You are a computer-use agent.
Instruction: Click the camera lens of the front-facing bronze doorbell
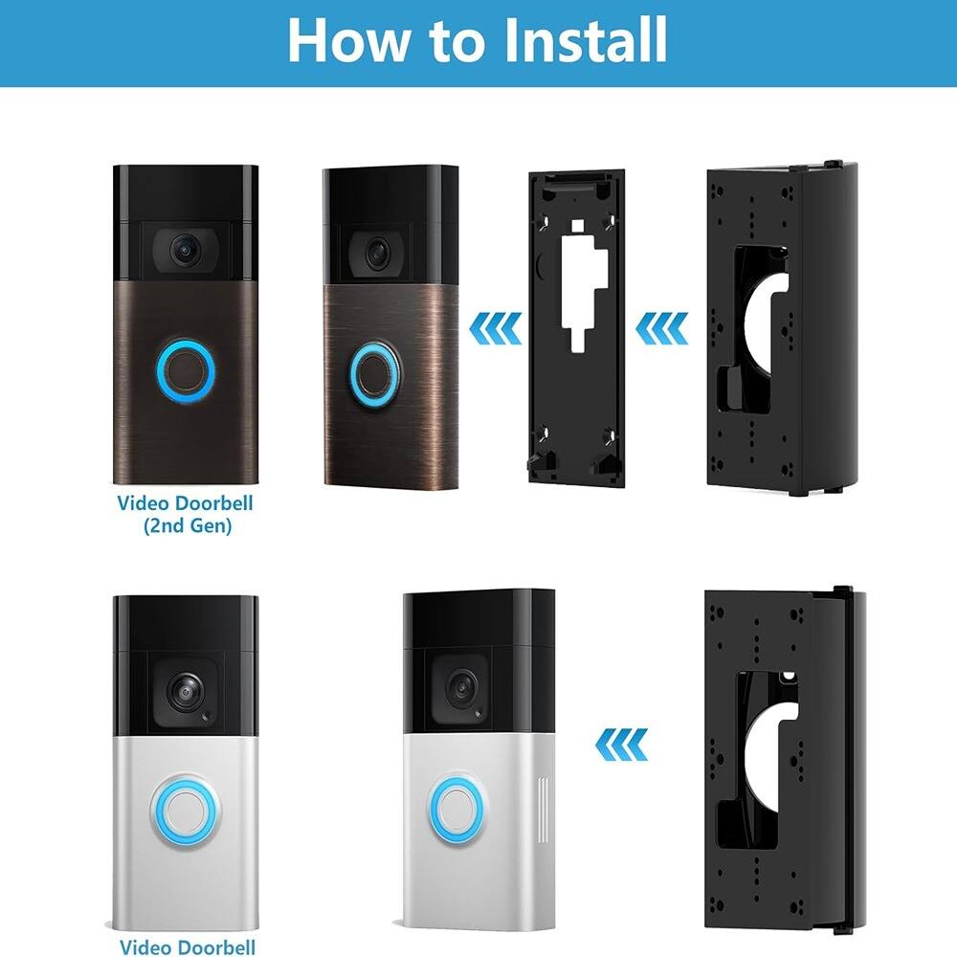tap(185, 250)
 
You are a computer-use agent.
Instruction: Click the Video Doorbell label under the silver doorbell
tap(188, 946)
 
